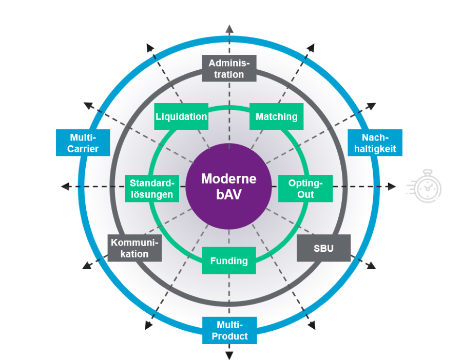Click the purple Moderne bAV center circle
click(229, 186)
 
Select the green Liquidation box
click(181, 116)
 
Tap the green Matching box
click(276, 116)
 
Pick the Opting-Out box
click(305, 188)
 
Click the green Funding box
click(229, 261)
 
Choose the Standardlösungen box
click(151, 188)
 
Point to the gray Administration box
click(229, 68)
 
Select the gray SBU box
click(323, 248)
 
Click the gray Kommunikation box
click(134, 248)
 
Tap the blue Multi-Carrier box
click(83, 143)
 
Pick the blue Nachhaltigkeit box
click(375, 143)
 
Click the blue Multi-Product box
click(229, 330)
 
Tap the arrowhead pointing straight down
click(229, 355)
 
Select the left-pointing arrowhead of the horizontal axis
click(65, 186)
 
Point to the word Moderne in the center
click(229, 178)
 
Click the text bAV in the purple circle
click(229, 195)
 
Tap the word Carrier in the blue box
click(83, 149)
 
